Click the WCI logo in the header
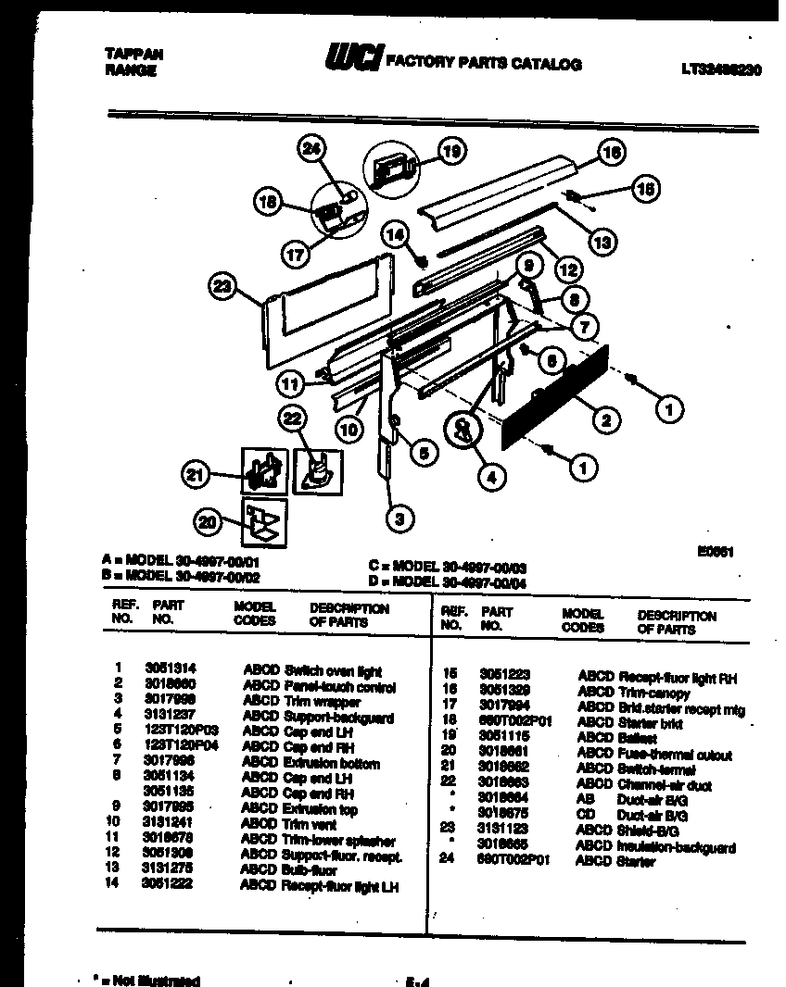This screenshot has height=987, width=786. click(x=351, y=60)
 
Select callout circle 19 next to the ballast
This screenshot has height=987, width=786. click(x=451, y=152)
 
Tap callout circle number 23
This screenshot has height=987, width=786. click(x=220, y=288)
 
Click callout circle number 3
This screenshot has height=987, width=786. click(x=399, y=518)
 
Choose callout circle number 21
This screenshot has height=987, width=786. click(x=193, y=476)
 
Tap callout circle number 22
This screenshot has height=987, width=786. click(x=293, y=419)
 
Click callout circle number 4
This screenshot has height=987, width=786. click(x=492, y=478)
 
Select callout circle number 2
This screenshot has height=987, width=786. click(x=605, y=421)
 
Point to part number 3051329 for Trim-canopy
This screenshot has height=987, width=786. click(x=505, y=692)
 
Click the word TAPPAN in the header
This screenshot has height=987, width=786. click(x=129, y=56)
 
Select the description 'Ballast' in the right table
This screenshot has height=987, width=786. click(x=637, y=739)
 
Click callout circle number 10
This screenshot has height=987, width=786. click(x=348, y=429)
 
